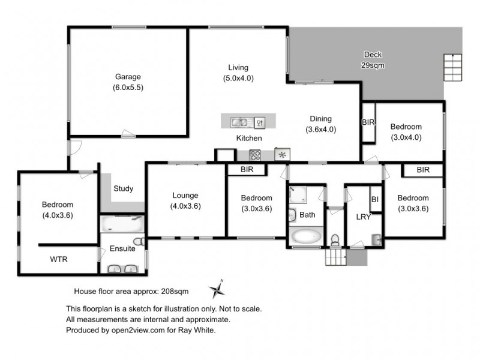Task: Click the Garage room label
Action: [x=128, y=77]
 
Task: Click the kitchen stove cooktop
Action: [x=256, y=155]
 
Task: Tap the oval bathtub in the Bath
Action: [x=306, y=236]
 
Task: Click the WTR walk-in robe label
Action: [x=58, y=260]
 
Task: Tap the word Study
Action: [x=123, y=189]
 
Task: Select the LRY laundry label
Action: [x=364, y=217]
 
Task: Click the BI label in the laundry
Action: [x=375, y=199]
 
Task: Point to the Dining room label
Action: [x=320, y=119]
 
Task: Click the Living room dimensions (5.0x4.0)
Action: [x=238, y=78]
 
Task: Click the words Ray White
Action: [x=198, y=330]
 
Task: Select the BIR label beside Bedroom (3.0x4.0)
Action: [x=368, y=122]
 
